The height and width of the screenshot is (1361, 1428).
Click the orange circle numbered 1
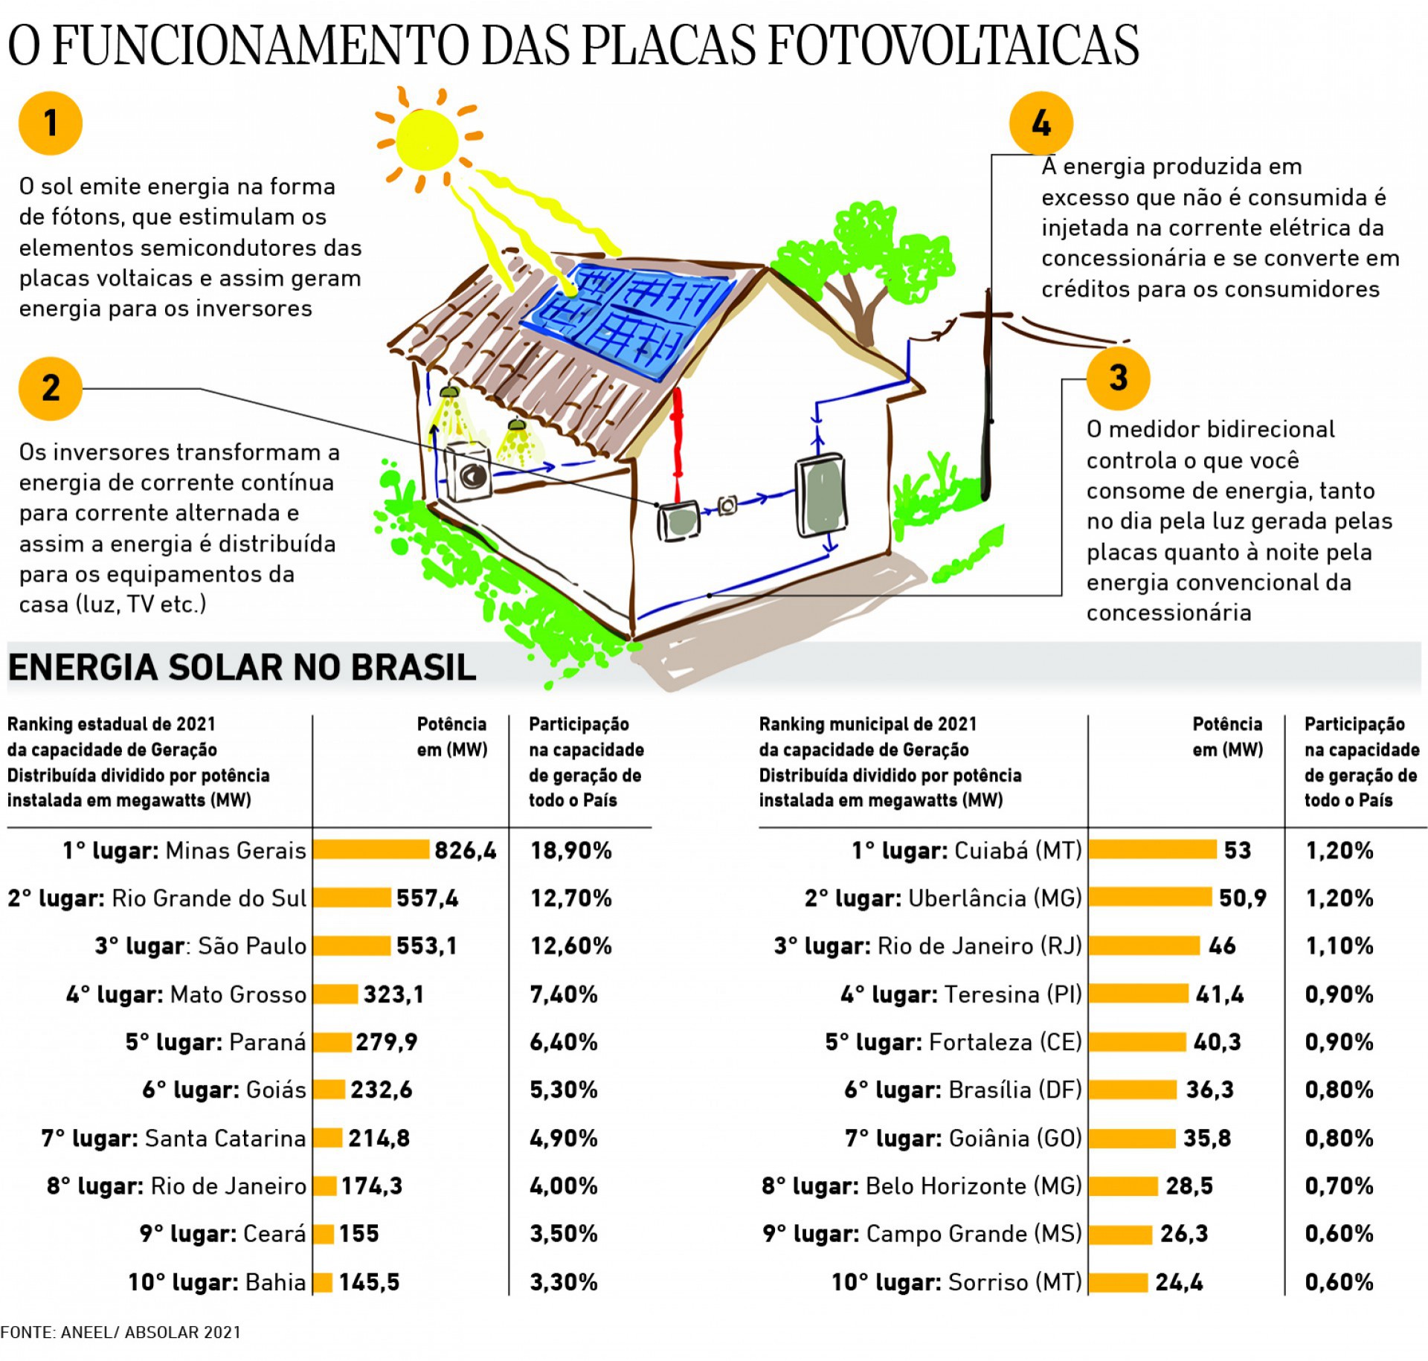click(x=50, y=123)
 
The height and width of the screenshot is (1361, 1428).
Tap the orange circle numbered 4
click(x=1041, y=123)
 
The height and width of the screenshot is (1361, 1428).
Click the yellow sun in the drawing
click(x=426, y=139)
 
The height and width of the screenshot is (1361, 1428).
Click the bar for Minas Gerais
click(x=371, y=850)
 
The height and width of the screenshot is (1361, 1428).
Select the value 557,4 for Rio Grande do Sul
click(x=427, y=898)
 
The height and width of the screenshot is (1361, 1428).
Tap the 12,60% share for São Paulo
click(x=570, y=946)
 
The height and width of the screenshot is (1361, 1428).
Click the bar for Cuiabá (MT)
click(x=1152, y=850)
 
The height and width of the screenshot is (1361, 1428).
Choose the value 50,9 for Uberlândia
click(x=1242, y=898)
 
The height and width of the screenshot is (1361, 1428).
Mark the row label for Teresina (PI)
click(x=961, y=994)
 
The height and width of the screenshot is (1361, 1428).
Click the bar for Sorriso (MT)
click(x=1119, y=1282)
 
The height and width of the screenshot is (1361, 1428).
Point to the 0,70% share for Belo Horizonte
click(x=1339, y=1186)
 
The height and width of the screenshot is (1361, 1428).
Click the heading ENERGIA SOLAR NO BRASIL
click(x=242, y=667)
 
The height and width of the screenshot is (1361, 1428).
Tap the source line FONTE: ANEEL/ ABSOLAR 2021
click(x=120, y=1332)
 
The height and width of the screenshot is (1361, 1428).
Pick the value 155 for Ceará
click(x=359, y=1234)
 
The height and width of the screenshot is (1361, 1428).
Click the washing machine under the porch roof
click(x=469, y=472)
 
